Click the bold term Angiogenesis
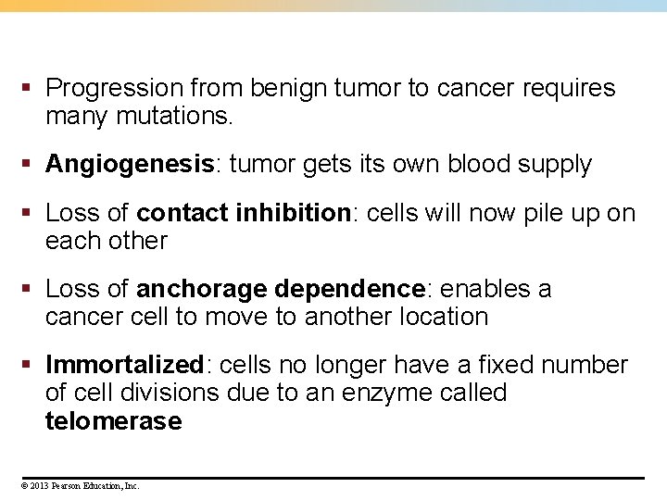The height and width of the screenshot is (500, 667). [x=130, y=165]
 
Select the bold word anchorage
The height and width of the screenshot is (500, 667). [x=201, y=289]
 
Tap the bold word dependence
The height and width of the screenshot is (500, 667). [x=349, y=289]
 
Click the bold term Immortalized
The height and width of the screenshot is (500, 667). [x=124, y=365]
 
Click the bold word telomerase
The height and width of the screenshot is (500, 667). [x=113, y=421]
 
